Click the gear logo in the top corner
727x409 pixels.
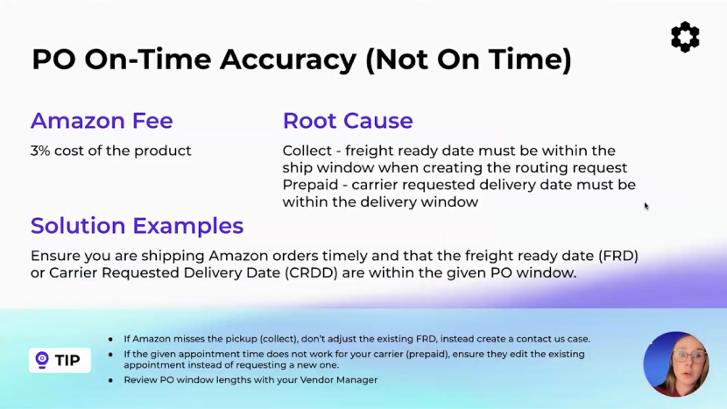click(x=685, y=37)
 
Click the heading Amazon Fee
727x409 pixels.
click(x=102, y=121)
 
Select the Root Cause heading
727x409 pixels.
click(x=348, y=121)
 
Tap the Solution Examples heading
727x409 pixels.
click(x=137, y=226)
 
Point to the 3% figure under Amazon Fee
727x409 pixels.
click(x=40, y=151)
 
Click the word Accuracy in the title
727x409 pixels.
click(x=288, y=60)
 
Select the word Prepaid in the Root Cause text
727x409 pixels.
click(x=310, y=185)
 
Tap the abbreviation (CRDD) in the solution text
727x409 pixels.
click(x=311, y=272)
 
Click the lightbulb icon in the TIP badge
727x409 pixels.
click(x=42, y=360)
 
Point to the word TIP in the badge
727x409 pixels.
click(x=67, y=360)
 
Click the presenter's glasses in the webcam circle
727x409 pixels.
click(x=687, y=357)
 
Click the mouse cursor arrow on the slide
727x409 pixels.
click(x=646, y=207)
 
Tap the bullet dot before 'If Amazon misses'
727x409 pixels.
click(x=110, y=340)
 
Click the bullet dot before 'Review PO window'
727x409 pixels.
click(x=110, y=380)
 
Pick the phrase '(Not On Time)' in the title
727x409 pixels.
click(x=469, y=60)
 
